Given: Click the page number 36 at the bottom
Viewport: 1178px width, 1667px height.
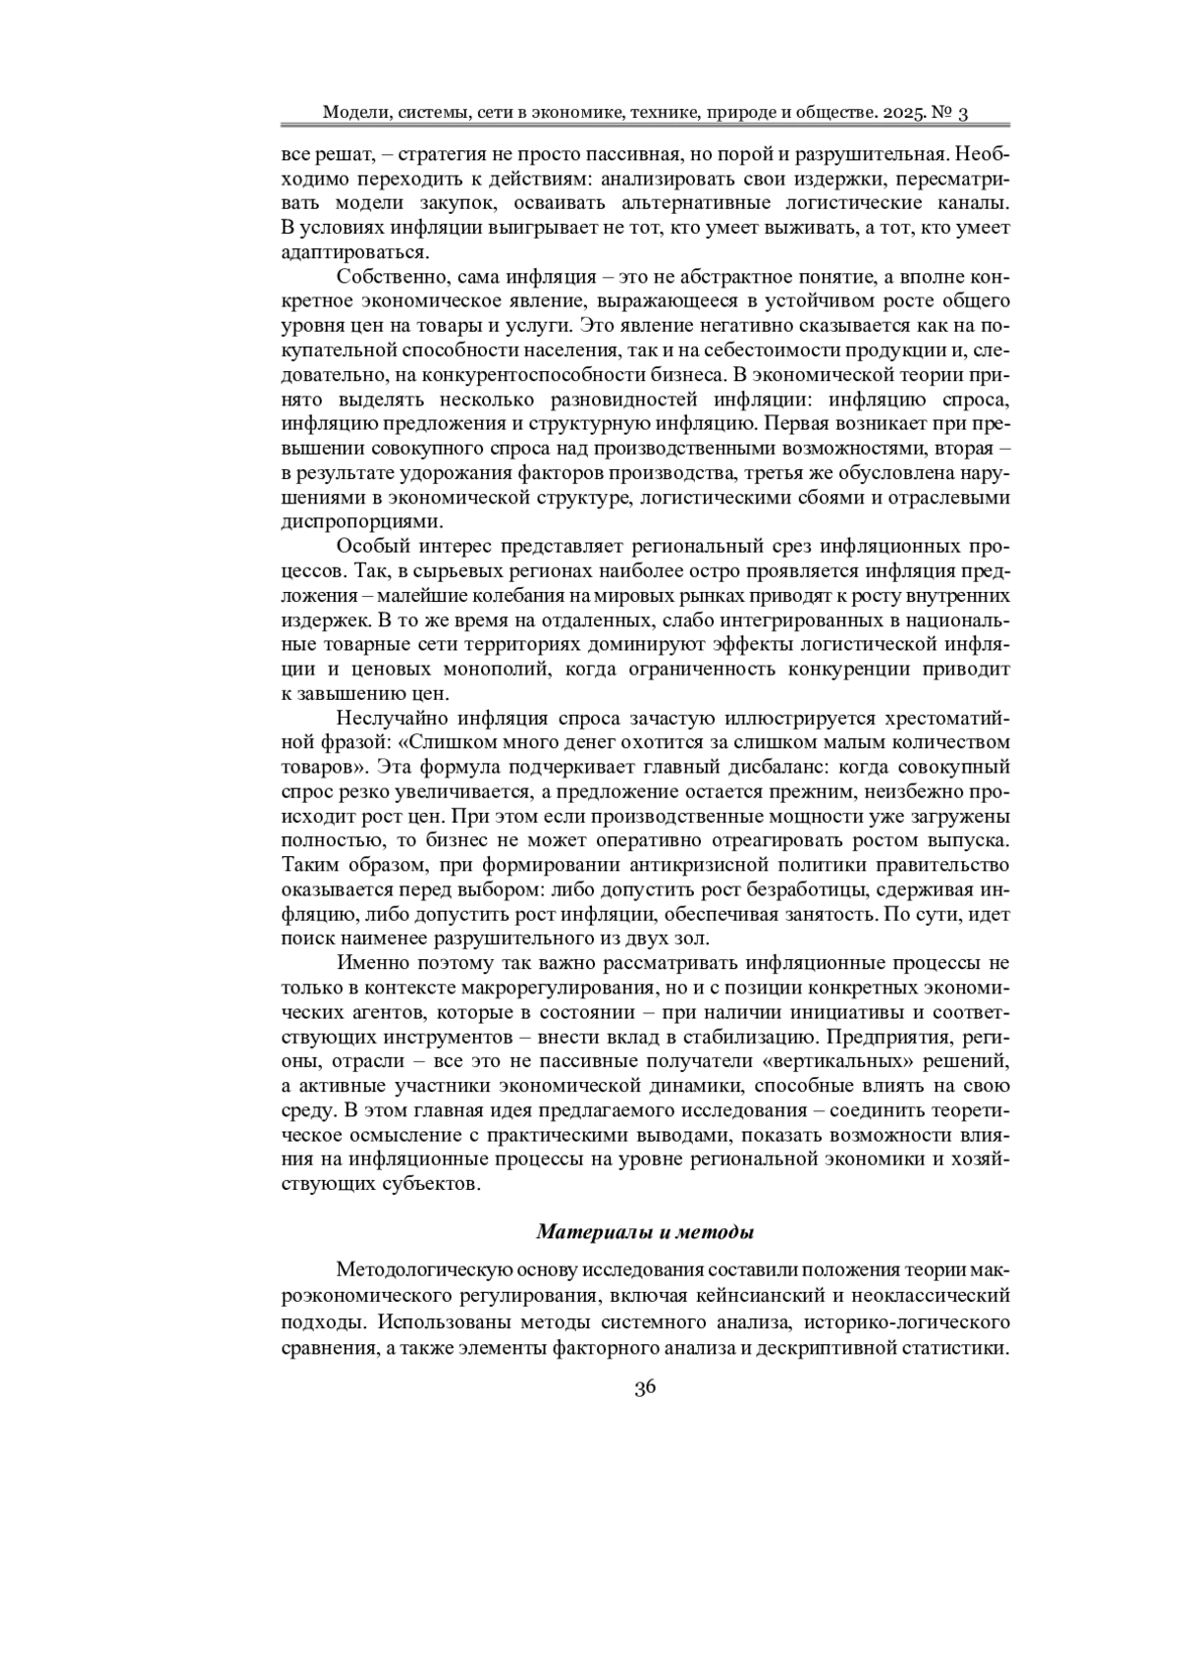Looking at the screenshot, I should click(645, 1386).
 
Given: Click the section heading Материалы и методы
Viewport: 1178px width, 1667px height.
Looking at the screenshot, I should click(645, 1231).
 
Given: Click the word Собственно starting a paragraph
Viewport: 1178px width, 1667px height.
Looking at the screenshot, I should click(383, 277).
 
